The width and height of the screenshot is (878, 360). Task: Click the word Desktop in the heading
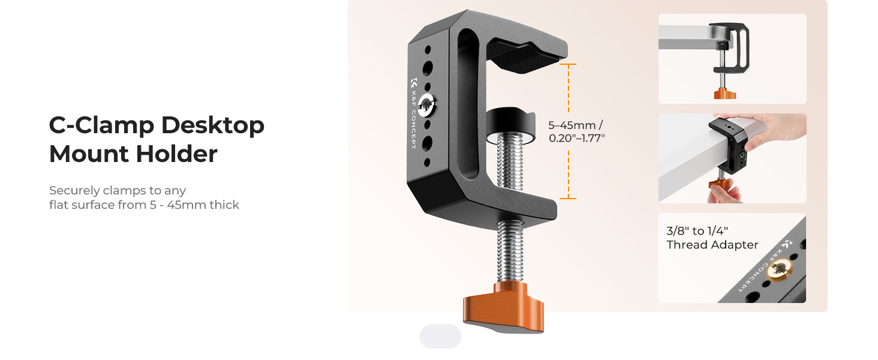point(212,126)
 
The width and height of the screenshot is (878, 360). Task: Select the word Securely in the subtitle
point(74,191)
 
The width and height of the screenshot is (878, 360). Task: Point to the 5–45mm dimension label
point(572,125)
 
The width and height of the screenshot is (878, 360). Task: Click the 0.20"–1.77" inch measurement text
point(576,138)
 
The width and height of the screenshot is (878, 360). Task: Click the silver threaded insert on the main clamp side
point(425,105)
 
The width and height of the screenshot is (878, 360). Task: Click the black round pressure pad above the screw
point(511,125)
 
